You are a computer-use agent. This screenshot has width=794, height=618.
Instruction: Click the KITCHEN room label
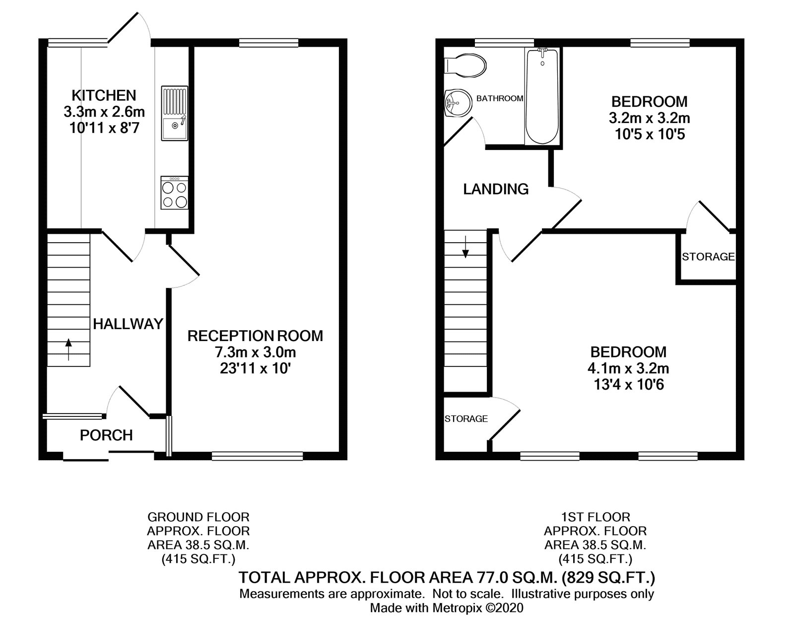pyautogui.click(x=104, y=95)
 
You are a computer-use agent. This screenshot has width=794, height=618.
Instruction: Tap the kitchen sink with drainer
pyautogui.click(x=174, y=113)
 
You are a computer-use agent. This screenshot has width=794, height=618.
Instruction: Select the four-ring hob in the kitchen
pyautogui.click(x=174, y=193)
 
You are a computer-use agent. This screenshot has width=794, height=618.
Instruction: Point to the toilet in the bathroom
pyautogui.click(x=466, y=65)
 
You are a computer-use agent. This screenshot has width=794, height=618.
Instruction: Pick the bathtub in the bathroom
pyautogui.click(x=542, y=95)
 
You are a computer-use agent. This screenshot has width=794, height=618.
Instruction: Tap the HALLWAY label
pyautogui.click(x=128, y=324)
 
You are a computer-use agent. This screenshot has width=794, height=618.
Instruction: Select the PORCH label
pyautogui.click(x=106, y=435)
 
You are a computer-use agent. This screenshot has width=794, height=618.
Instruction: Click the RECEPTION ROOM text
pyautogui.click(x=255, y=336)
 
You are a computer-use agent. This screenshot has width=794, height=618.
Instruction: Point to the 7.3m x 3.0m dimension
pyautogui.click(x=255, y=352)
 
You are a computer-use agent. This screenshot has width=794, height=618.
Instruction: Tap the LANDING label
pyautogui.click(x=496, y=189)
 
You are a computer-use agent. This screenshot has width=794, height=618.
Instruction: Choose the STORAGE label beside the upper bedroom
pyautogui.click(x=708, y=257)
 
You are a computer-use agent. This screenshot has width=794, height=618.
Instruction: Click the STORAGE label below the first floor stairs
pyautogui.click(x=466, y=419)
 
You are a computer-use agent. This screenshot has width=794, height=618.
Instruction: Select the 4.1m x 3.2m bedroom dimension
pyautogui.click(x=628, y=368)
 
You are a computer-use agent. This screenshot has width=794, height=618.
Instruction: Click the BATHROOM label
pyautogui.click(x=499, y=98)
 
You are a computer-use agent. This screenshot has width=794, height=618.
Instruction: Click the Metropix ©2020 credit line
pyautogui.click(x=447, y=608)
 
